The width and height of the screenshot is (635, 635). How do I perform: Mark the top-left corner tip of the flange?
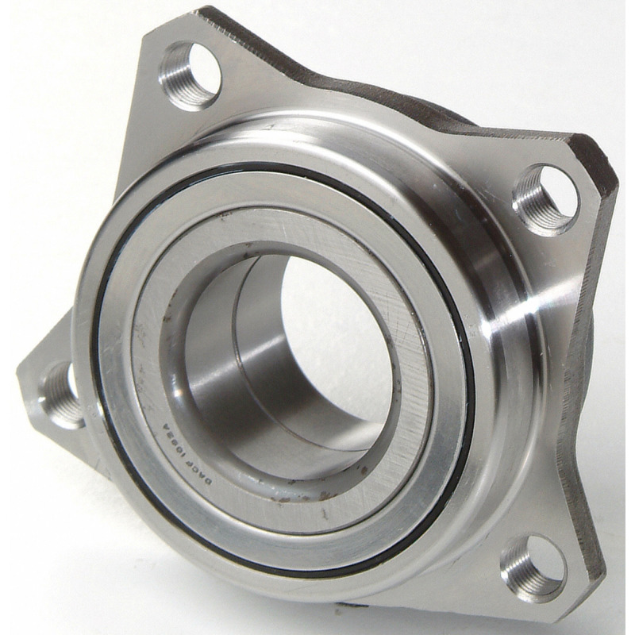pyautogui.click(x=208, y=11)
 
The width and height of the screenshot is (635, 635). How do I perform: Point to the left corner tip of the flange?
pyautogui.click(x=20, y=373)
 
